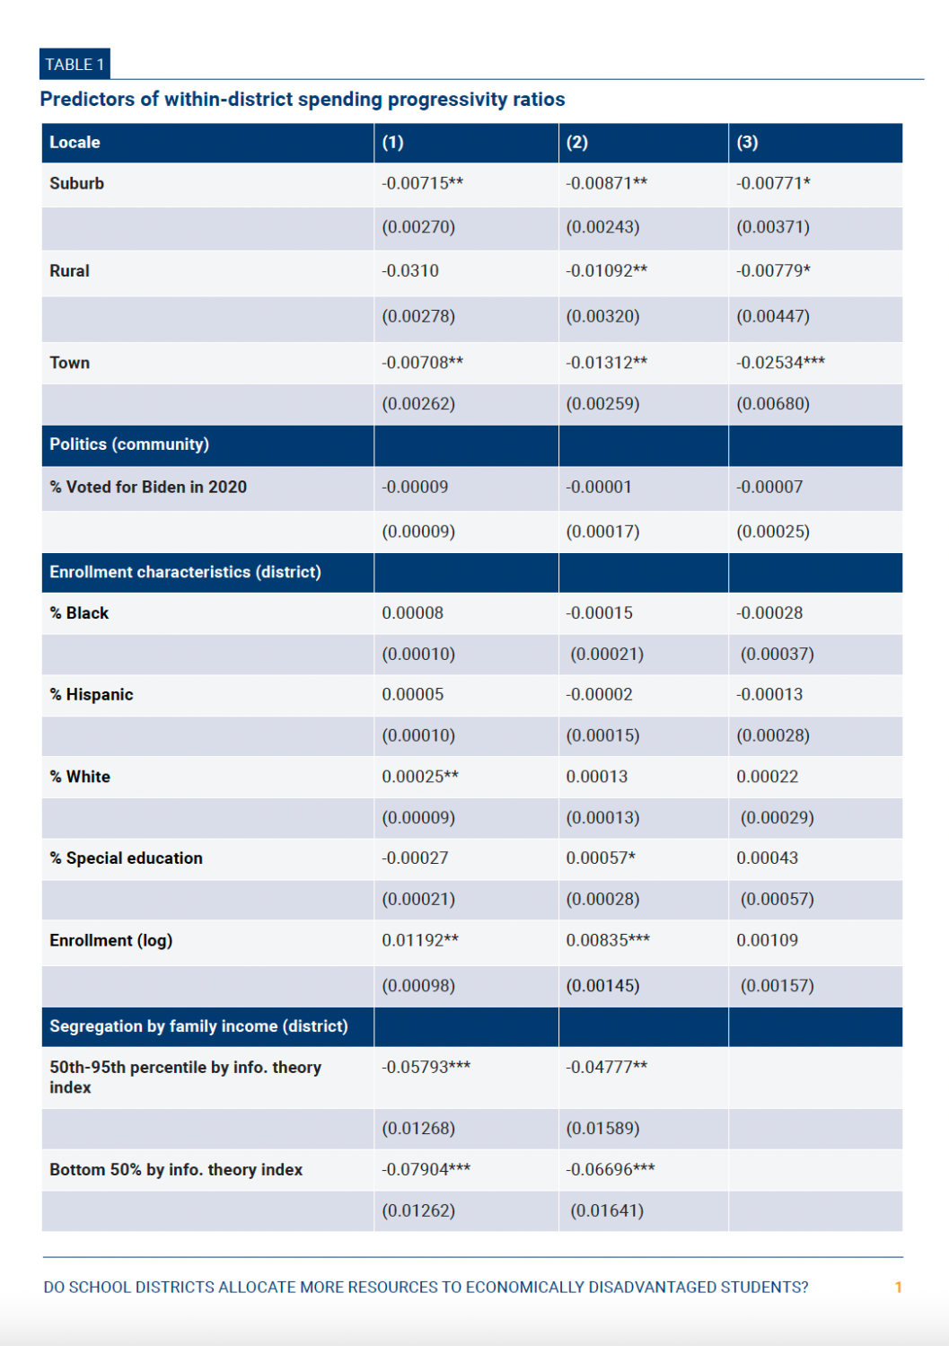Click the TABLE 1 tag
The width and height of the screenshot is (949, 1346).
coord(75,65)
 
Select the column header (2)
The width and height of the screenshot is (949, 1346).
coord(576,143)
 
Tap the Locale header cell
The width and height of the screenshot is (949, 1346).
coord(75,143)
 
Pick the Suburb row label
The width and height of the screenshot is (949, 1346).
coord(77,183)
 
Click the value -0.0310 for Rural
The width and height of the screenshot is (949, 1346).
coord(410,271)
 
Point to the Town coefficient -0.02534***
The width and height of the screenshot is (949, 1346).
coord(780,363)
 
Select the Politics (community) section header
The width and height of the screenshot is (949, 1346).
coord(129,444)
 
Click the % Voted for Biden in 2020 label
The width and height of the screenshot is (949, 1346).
coord(148,487)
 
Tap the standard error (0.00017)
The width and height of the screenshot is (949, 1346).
coord(602,532)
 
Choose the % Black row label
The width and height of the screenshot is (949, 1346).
coord(79,613)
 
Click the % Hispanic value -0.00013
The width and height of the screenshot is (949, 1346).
coord(769,694)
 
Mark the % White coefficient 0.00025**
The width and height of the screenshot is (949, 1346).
coord(420,777)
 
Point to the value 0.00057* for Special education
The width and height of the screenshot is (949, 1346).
coord(601,858)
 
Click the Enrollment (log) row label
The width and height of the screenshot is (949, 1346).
coord(111,940)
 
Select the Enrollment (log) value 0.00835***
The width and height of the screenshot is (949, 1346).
coord(608,940)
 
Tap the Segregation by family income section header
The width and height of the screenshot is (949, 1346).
coord(198,1026)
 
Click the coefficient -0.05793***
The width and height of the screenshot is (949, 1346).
coord(426,1068)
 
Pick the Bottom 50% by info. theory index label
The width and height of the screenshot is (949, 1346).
coord(176,1170)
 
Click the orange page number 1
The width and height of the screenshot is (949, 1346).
coord(898,1288)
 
